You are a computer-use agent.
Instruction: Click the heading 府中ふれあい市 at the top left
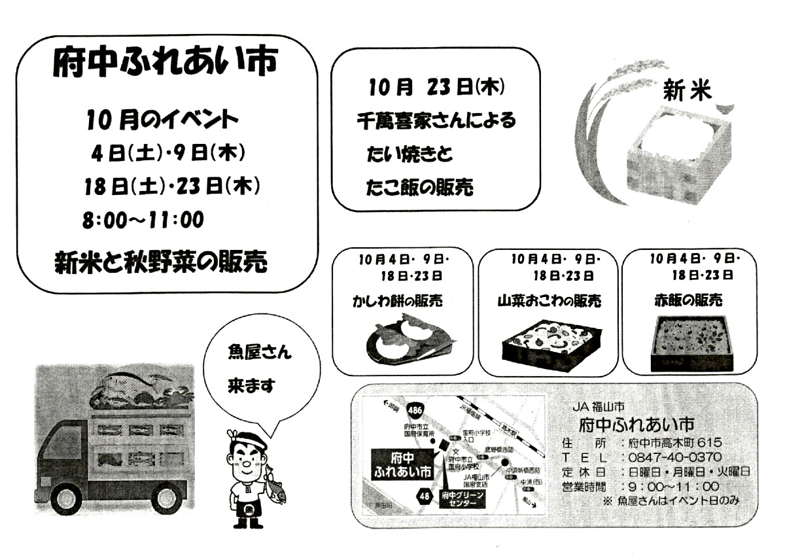[166, 64]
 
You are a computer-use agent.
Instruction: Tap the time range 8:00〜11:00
[143, 220]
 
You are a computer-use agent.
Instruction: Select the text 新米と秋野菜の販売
[161, 262]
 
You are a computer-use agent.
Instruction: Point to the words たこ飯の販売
[419, 188]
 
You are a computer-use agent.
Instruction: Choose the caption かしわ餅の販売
[397, 302]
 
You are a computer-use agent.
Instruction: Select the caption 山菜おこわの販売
[549, 302]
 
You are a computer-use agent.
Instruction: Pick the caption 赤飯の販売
[688, 301]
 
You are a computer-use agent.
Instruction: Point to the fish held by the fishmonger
[275, 487]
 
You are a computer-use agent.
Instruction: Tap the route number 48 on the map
[424, 497]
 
